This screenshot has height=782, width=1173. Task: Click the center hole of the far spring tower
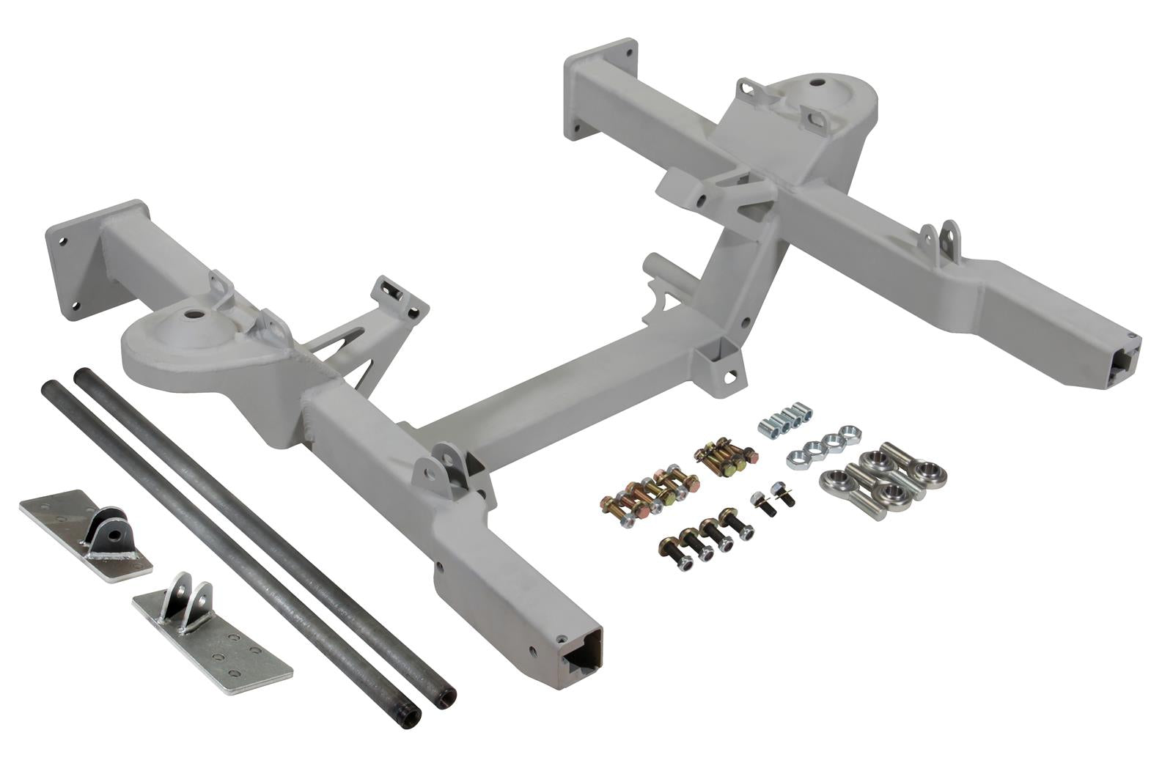815,81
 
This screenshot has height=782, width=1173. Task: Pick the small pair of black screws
773,502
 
